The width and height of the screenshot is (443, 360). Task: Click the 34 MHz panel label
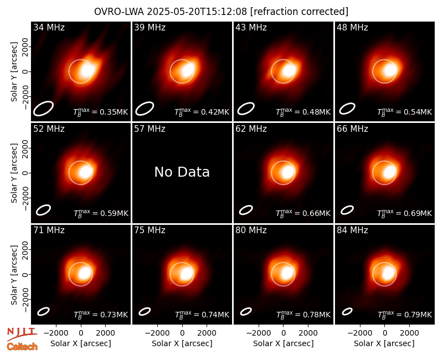[x=49, y=27]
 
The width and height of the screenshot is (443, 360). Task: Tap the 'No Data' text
[x=182, y=172]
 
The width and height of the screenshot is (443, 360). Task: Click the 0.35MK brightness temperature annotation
[x=100, y=112]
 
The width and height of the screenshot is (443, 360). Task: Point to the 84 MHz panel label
[x=352, y=230]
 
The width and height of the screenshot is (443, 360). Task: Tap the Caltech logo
[x=22, y=347]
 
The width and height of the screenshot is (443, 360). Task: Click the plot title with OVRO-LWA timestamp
[x=221, y=12]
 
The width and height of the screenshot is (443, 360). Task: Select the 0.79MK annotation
[x=405, y=315]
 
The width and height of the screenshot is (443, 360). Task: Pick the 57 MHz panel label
[x=150, y=129]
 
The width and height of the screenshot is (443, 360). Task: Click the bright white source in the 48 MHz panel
[x=390, y=70]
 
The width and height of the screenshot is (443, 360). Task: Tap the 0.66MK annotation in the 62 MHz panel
[x=303, y=213]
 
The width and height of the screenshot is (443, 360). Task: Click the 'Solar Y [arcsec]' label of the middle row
[x=14, y=173]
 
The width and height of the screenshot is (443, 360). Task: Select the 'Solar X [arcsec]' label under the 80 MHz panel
[x=284, y=343]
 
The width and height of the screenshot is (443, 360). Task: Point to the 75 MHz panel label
[x=150, y=230]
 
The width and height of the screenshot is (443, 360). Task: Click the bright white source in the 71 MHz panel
[x=85, y=273]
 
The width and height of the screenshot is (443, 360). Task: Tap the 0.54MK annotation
[x=405, y=112]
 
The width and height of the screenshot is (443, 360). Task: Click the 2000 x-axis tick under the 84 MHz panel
[x=409, y=333]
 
